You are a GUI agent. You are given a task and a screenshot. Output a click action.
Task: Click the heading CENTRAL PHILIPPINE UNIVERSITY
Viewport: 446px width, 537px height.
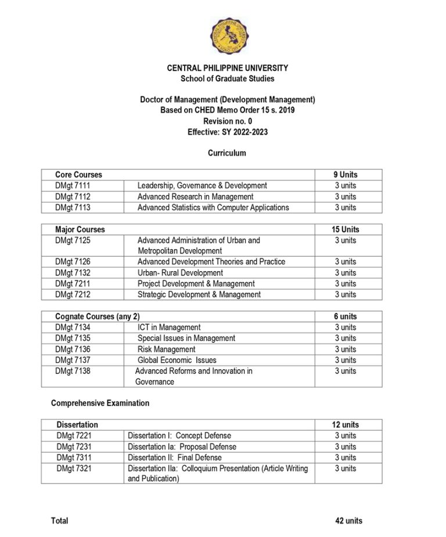[x=227, y=68]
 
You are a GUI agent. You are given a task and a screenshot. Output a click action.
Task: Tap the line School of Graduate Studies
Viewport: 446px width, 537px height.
[x=227, y=78]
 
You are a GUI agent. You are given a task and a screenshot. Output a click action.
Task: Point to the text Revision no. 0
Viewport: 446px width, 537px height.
[x=227, y=121]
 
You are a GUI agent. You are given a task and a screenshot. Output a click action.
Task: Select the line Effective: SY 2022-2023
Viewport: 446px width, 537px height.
[x=227, y=132]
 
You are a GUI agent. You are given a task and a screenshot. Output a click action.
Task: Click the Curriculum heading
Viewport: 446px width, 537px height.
[x=227, y=153]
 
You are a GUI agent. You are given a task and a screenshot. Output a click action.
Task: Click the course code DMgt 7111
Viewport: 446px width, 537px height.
[x=73, y=186]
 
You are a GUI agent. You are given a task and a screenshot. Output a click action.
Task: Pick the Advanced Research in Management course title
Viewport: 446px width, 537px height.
[x=195, y=197]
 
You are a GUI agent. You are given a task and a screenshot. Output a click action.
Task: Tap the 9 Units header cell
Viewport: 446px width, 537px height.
[x=345, y=175]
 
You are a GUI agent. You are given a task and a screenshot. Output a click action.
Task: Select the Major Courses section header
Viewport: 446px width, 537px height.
[x=80, y=229]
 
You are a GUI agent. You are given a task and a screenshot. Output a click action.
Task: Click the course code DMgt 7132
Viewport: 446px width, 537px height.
[x=73, y=273]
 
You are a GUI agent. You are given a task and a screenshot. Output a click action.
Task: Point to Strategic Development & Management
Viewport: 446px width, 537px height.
[x=199, y=294]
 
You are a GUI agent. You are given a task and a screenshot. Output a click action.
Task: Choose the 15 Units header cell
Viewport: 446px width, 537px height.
[x=345, y=229]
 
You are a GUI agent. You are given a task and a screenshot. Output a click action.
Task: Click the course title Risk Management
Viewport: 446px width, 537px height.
[x=166, y=349]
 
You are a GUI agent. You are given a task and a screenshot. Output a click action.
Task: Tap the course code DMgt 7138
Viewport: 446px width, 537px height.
[x=73, y=371]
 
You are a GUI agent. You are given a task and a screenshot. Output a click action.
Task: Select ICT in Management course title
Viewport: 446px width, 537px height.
[x=169, y=327]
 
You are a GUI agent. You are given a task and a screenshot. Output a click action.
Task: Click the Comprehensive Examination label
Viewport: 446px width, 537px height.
[x=100, y=403]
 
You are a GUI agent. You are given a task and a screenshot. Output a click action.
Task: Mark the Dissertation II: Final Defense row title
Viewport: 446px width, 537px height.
[x=174, y=457]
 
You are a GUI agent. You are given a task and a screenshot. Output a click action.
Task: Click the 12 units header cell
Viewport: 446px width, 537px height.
[x=345, y=425]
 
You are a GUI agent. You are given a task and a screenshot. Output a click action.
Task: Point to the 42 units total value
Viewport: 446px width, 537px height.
[x=348, y=521]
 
